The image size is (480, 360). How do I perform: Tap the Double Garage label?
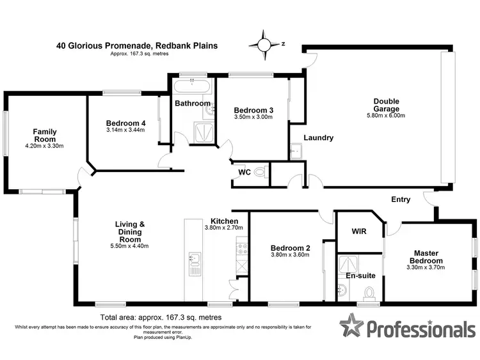[x=387, y=104]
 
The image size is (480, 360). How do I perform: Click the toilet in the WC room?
[x=259, y=172]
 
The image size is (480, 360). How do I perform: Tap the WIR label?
[x=358, y=231]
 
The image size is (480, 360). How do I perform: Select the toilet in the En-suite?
[x=368, y=293]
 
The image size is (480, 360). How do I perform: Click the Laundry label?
[x=318, y=137]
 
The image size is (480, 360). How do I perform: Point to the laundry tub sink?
[x=296, y=152]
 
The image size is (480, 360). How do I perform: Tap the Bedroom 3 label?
[x=253, y=110]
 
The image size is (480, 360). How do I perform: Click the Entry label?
[x=401, y=200]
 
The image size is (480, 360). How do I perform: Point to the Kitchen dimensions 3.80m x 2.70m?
[x=220, y=228]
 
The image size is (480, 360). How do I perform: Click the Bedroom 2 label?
[x=290, y=247]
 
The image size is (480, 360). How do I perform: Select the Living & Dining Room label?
[x=130, y=228]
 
